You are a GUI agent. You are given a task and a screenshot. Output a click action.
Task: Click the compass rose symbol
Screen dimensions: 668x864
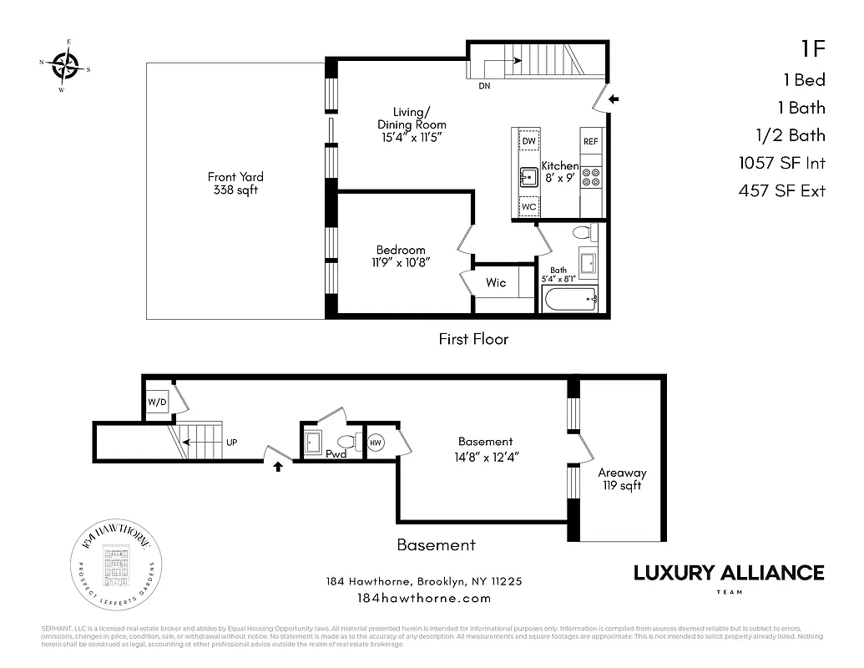click(x=65, y=63)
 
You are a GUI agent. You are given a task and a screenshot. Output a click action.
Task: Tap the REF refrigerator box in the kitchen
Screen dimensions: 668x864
click(x=591, y=141)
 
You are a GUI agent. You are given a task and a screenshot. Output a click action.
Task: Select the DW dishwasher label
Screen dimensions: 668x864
click(x=528, y=141)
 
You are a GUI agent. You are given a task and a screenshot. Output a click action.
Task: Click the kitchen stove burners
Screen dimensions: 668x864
click(x=591, y=176)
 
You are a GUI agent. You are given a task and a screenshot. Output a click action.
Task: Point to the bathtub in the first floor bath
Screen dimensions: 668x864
click(x=570, y=299)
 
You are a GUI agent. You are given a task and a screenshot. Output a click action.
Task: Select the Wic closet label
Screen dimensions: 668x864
click(x=496, y=283)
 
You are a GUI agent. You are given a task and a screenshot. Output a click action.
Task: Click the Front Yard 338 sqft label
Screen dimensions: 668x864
click(x=236, y=183)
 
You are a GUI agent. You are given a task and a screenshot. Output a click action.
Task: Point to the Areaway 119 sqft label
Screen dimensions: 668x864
click(x=622, y=478)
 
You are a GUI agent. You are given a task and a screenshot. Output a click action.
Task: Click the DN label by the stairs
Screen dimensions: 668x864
click(x=485, y=86)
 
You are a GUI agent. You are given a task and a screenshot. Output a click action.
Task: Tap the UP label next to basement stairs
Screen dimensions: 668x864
click(x=232, y=442)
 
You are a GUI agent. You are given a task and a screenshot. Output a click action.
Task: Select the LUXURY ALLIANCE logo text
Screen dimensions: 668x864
click(x=729, y=573)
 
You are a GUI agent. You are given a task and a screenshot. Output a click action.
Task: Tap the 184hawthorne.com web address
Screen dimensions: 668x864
click(x=423, y=598)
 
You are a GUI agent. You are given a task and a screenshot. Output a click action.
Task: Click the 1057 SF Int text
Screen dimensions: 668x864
click(x=781, y=163)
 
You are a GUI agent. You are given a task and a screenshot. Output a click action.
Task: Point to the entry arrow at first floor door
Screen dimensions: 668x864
click(x=614, y=99)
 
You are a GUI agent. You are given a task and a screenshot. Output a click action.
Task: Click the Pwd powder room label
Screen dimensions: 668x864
click(x=336, y=454)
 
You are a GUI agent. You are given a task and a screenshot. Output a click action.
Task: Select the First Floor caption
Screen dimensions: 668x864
click(x=473, y=339)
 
